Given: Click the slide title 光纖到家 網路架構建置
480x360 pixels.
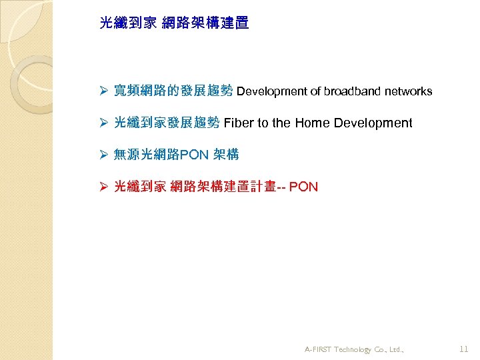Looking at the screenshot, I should tap(174, 23).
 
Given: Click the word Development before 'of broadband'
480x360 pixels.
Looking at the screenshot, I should tap(271, 91).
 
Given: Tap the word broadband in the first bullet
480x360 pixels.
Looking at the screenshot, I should tap(353, 91).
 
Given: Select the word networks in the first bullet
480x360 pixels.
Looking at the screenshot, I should tap(408, 91).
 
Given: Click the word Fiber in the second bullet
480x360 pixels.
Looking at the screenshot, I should tap(237, 123).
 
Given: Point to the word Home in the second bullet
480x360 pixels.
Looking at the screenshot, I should tap(312, 123).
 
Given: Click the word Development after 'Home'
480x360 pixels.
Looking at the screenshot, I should tap(373, 123).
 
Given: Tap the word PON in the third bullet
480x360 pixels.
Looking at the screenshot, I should tap(195, 155).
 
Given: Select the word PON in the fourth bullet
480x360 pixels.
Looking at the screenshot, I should tap(304, 187).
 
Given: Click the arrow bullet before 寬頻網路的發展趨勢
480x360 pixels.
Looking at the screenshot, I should tap(103, 91).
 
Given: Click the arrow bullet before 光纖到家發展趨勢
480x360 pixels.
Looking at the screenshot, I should tap(103, 123).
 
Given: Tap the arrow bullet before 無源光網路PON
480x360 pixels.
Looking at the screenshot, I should tap(103, 155).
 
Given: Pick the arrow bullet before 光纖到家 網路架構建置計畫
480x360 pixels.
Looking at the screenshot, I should tap(103, 187).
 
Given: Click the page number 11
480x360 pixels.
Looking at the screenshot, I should tap(465, 349).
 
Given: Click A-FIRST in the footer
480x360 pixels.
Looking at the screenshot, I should tap(319, 349).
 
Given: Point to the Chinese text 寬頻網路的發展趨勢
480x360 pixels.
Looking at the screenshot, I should tap(173, 91).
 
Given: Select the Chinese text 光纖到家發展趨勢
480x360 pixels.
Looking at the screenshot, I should tap(167, 123).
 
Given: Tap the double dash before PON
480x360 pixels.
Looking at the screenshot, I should tap(282, 187).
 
